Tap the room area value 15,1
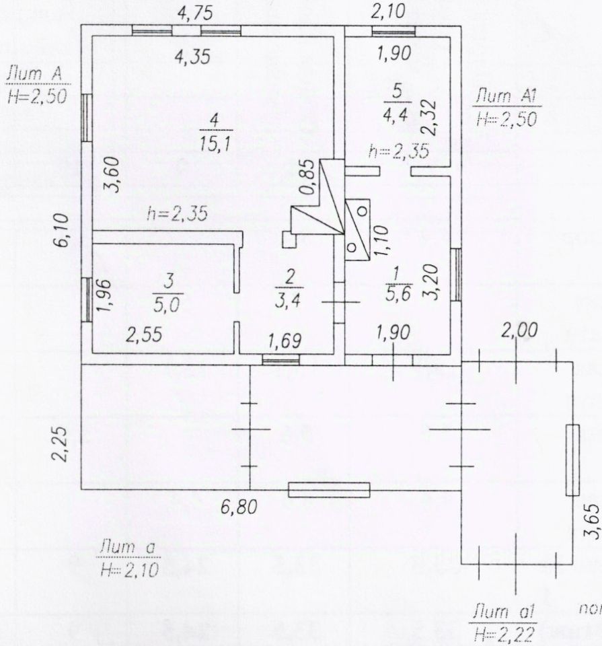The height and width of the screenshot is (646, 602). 215,143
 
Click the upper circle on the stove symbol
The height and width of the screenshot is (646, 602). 362,210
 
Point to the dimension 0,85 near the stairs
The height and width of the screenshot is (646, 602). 307,178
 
